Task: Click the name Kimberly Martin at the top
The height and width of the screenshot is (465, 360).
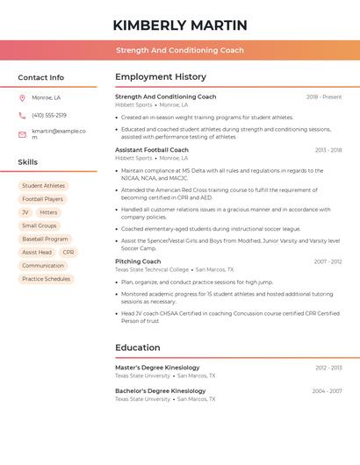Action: tap(180, 25)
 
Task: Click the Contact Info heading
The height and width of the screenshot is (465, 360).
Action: tap(40, 77)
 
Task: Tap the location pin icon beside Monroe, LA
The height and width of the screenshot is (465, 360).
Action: tap(22, 97)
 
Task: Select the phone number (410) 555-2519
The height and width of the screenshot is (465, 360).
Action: tap(49, 115)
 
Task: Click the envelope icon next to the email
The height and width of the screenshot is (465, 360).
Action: tap(22, 134)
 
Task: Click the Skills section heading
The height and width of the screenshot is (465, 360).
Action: tap(28, 161)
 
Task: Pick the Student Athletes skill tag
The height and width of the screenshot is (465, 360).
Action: tap(43, 186)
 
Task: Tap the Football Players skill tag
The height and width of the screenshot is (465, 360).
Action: tap(43, 199)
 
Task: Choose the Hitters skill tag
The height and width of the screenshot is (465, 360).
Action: tap(48, 212)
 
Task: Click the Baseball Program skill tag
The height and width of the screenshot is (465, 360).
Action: tap(45, 239)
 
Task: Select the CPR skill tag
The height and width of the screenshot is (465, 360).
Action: tap(68, 252)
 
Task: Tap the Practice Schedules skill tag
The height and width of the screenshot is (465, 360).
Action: tap(46, 279)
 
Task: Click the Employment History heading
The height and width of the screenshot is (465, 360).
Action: tap(161, 77)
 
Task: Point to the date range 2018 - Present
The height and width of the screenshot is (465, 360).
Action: tap(323, 97)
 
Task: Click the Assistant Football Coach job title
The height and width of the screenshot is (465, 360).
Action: tap(152, 150)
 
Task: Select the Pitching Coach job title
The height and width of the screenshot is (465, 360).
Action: tap(138, 261)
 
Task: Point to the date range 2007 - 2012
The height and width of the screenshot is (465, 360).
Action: tap(328, 261)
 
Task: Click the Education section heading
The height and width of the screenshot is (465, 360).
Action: tap(137, 347)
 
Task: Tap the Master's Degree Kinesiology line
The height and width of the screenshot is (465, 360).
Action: tap(157, 368)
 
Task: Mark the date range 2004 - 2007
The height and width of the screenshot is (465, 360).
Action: tap(327, 390)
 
